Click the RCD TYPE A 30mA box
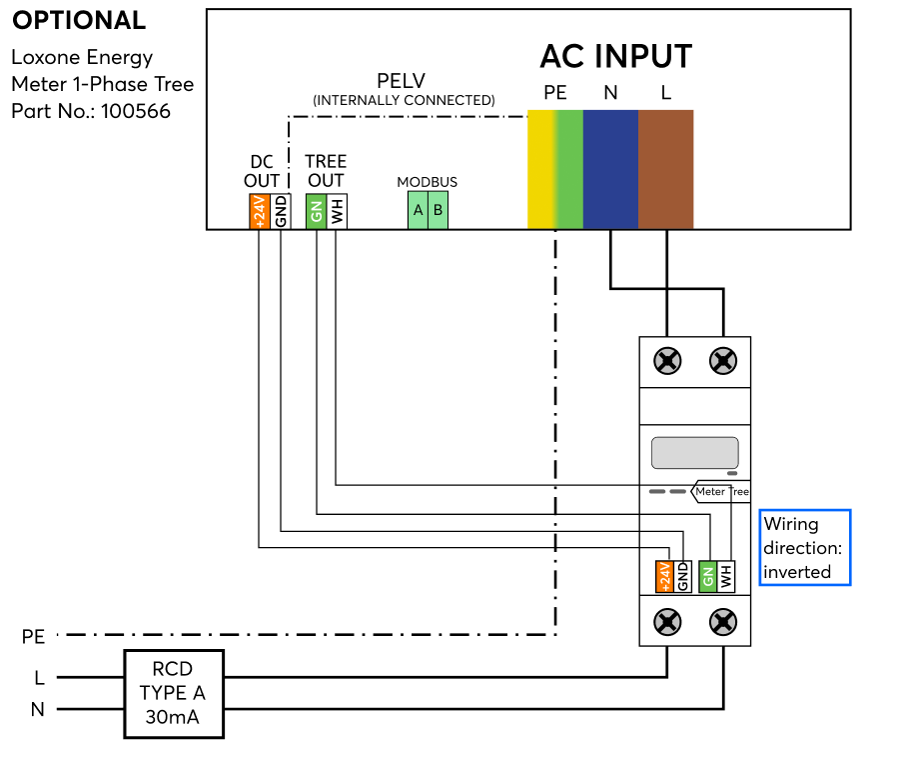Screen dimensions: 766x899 174,695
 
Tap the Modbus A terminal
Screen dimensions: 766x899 418,210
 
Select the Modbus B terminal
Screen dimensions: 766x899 438,210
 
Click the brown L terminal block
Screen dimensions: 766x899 665,169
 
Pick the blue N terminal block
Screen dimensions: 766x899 610,169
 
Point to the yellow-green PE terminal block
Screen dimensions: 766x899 555,169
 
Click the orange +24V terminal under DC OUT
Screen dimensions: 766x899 259,211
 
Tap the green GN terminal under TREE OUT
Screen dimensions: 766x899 316,211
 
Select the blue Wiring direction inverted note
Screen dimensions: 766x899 804,547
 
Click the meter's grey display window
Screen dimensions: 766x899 694,453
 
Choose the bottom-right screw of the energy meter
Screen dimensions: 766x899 722,622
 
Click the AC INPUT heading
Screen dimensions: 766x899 615,56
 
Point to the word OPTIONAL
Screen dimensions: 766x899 79,21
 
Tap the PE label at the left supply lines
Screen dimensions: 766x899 33,636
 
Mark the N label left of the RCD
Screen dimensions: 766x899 38,710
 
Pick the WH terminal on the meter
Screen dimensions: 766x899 726,577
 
